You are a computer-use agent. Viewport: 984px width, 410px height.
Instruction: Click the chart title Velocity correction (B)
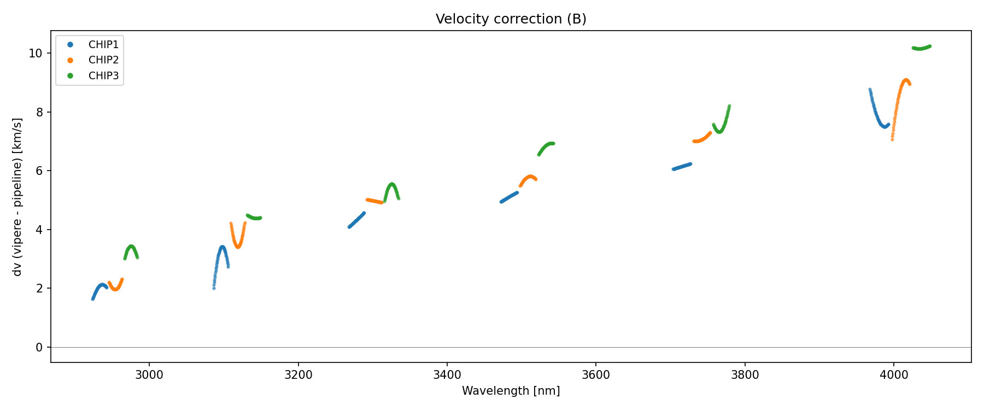click(x=511, y=19)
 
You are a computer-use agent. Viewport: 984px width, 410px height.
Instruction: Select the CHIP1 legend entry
click(x=103, y=44)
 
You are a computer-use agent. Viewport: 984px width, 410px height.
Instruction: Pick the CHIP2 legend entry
click(x=103, y=60)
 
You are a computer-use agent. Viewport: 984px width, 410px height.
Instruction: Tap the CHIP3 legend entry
click(x=103, y=76)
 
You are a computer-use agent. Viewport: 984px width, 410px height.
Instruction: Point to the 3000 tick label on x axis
click(x=149, y=374)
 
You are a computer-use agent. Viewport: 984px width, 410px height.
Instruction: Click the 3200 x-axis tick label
click(x=298, y=374)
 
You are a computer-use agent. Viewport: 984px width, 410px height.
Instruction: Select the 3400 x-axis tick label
click(x=447, y=374)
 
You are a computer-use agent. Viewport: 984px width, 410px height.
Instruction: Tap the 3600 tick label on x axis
click(x=596, y=374)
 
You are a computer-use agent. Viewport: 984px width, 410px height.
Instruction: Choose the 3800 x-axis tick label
click(x=745, y=374)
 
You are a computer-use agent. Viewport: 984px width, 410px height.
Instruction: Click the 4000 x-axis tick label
click(x=893, y=374)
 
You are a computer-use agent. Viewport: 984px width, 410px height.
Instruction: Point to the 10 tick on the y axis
click(x=36, y=54)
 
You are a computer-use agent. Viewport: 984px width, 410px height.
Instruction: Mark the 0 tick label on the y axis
click(x=39, y=348)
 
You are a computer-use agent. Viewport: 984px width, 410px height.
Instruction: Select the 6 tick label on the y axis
click(x=39, y=171)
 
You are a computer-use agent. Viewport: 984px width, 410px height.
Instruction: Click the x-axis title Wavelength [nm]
click(x=511, y=391)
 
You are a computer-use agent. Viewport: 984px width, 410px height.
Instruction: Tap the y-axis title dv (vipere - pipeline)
click(x=17, y=197)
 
